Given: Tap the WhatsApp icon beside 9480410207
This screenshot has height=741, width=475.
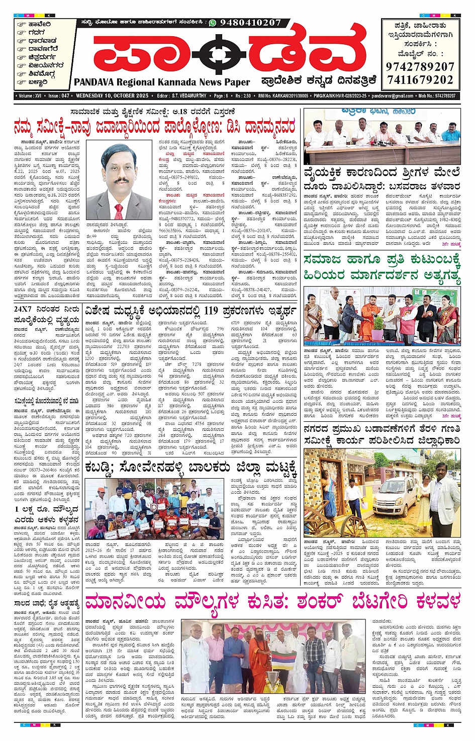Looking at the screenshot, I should tap(213, 23).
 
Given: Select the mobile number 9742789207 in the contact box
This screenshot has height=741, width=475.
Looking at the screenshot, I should tap(420, 67).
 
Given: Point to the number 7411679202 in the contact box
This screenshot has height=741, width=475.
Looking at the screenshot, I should tap(420, 80).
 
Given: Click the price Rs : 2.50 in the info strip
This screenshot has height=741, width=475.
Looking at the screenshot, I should tap(243, 96).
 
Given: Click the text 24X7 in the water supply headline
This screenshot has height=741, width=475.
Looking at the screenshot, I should tap(23, 309).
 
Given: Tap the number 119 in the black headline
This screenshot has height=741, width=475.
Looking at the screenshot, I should tap(211, 310).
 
